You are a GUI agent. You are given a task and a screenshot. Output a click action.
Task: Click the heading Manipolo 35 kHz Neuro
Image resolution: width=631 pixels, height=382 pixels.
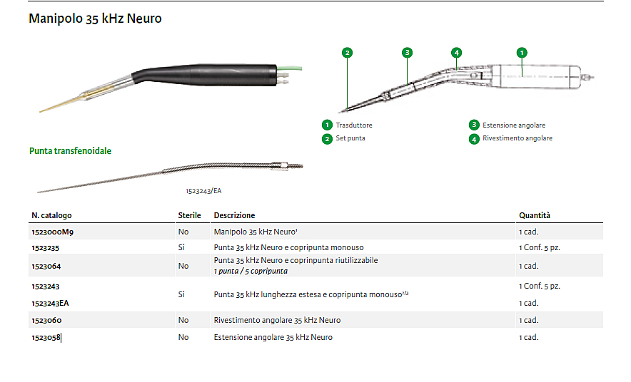point(95,19)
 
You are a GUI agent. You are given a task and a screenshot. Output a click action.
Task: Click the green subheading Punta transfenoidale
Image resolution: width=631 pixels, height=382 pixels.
point(70,151)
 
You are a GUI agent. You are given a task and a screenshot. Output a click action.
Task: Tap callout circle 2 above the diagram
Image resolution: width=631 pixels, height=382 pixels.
point(347,53)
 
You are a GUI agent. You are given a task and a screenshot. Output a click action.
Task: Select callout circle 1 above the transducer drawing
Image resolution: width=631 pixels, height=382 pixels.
point(522,53)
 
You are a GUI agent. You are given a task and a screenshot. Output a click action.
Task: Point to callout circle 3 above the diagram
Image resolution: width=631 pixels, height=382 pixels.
point(408,53)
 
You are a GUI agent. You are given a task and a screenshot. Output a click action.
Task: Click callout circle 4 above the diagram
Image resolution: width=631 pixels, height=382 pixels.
point(456,53)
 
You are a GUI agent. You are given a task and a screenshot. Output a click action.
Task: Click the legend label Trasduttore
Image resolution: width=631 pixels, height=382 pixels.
point(354,125)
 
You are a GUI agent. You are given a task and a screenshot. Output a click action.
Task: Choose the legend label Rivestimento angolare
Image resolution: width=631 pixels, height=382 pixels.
point(518,138)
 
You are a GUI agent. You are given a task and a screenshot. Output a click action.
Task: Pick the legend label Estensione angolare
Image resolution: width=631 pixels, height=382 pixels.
point(514,125)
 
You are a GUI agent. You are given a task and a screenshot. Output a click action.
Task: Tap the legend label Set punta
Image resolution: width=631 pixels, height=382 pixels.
point(350,138)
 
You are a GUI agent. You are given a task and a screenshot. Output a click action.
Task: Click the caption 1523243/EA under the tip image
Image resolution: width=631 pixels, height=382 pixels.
point(203,191)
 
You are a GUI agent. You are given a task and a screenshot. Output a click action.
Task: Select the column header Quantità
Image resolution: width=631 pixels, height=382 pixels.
point(535,215)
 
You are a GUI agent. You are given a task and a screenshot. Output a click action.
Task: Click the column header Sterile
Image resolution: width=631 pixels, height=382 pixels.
point(190,215)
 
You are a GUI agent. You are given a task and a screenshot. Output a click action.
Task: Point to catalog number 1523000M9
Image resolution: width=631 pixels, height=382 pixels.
point(52,232)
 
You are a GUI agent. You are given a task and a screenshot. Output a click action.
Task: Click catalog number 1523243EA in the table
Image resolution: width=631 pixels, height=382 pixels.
point(50,304)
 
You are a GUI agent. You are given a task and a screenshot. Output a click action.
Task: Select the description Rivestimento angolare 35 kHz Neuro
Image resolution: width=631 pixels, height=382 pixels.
point(277,320)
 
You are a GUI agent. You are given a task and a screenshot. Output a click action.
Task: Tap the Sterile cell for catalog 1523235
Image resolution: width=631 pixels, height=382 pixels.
point(181,247)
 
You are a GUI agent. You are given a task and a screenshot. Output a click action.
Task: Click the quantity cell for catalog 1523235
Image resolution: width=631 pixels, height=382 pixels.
point(539,248)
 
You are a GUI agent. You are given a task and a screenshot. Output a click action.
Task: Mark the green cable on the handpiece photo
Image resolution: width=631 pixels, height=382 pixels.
point(290,68)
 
